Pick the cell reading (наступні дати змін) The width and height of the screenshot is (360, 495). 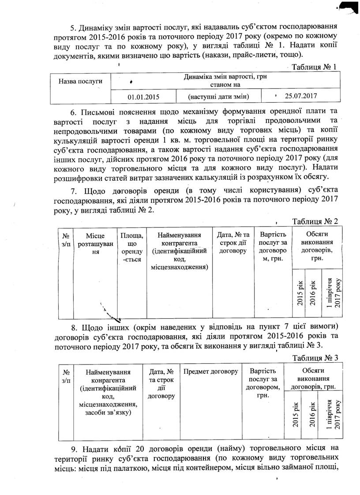tap(218, 96)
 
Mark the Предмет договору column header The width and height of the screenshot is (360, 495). tap(210, 371)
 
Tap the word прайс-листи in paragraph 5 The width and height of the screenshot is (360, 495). tap(257, 54)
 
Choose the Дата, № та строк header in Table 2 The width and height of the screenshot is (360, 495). tap(233, 243)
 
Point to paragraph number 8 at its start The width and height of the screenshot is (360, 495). tap(74, 328)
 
